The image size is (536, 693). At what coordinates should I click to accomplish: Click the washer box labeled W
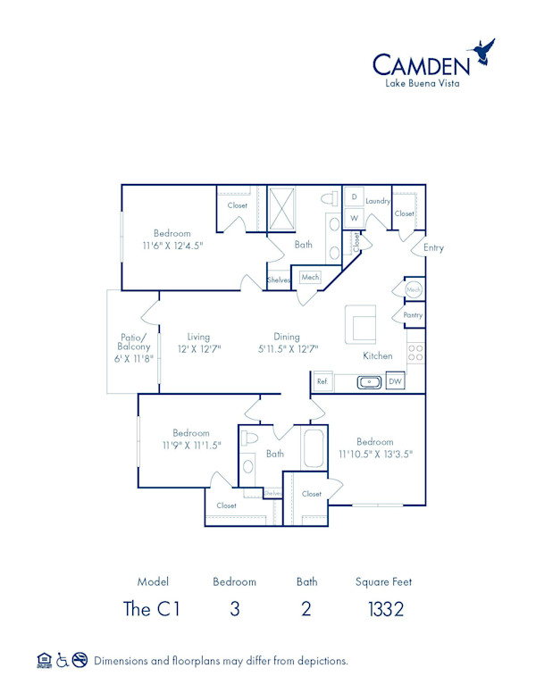tap(354, 218)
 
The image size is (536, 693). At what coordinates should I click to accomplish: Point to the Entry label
tap(433, 247)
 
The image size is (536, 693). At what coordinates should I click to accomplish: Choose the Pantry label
tap(413, 315)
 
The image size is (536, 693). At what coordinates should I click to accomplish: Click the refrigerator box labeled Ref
tap(322, 382)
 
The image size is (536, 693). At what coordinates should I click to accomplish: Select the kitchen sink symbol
tap(369, 382)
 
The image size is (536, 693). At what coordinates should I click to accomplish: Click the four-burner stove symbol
tap(415, 353)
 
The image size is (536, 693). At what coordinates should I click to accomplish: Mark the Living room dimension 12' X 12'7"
tap(199, 349)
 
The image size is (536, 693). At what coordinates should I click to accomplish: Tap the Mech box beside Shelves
tap(310, 278)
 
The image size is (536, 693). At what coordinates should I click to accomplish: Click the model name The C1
tap(152, 610)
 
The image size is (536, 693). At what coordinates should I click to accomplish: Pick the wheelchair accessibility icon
tap(63, 661)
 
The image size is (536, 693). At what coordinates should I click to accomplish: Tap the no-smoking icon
tap(80, 661)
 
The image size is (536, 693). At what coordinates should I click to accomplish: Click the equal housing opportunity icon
tap(44, 661)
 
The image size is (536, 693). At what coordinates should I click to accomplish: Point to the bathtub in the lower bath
tap(313, 448)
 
